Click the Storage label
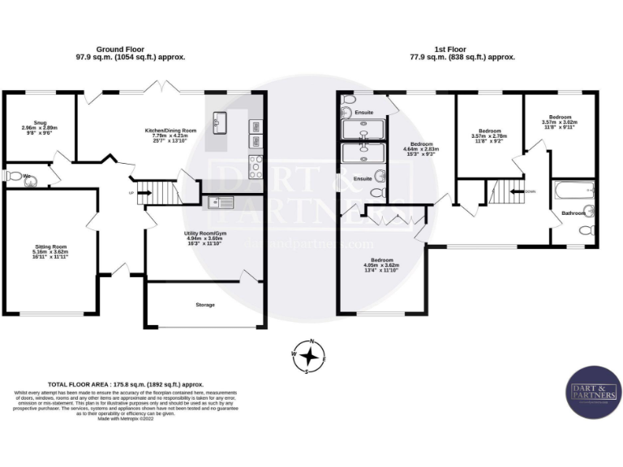click(x=204, y=305)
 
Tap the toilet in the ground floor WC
click(x=12, y=176)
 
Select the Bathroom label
click(x=574, y=213)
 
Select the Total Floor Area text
click(x=126, y=384)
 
